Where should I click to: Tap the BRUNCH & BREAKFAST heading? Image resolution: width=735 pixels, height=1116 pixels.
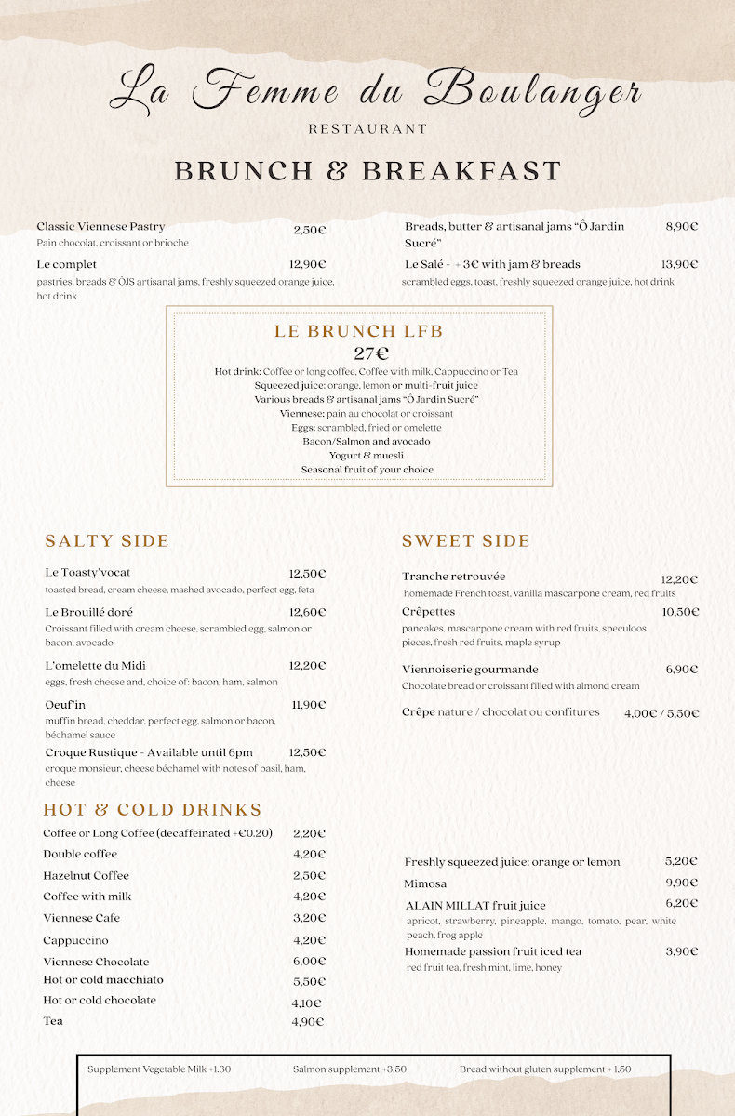click(x=367, y=171)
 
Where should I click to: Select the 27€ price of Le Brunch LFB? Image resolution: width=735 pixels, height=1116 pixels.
click(x=371, y=353)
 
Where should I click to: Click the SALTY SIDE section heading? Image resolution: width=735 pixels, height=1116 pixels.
click(x=107, y=541)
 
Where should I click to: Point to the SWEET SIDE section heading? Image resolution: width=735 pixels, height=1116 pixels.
click(x=465, y=541)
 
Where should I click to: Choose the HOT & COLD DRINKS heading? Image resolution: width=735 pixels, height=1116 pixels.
click(x=153, y=810)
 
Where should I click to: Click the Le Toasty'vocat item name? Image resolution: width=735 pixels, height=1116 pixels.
click(x=87, y=573)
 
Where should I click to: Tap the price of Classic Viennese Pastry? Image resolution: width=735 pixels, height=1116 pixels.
click(x=310, y=230)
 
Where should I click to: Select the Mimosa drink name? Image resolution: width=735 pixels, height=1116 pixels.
click(x=425, y=883)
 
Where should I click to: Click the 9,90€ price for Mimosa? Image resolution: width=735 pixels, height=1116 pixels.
click(x=681, y=883)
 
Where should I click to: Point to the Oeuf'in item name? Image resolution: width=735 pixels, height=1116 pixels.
click(x=65, y=705)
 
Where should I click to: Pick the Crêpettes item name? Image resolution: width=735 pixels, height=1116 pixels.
click(x=428, y=612)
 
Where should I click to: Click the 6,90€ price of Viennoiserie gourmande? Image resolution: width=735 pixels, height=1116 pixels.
click(x=682, y=670)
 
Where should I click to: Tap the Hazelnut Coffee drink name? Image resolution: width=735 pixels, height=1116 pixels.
click(x=86, y=875)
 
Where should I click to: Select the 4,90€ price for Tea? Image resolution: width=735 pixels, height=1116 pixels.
click(x=308, y=1021)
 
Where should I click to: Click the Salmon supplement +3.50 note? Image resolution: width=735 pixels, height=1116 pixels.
click(x=349, y=1069)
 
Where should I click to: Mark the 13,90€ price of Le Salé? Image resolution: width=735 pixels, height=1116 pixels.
click(x=679, y=264)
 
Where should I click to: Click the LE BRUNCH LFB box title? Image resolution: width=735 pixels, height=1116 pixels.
click(x=358, y=331)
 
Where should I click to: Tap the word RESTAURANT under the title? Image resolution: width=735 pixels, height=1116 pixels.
click(x=367, y=129)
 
